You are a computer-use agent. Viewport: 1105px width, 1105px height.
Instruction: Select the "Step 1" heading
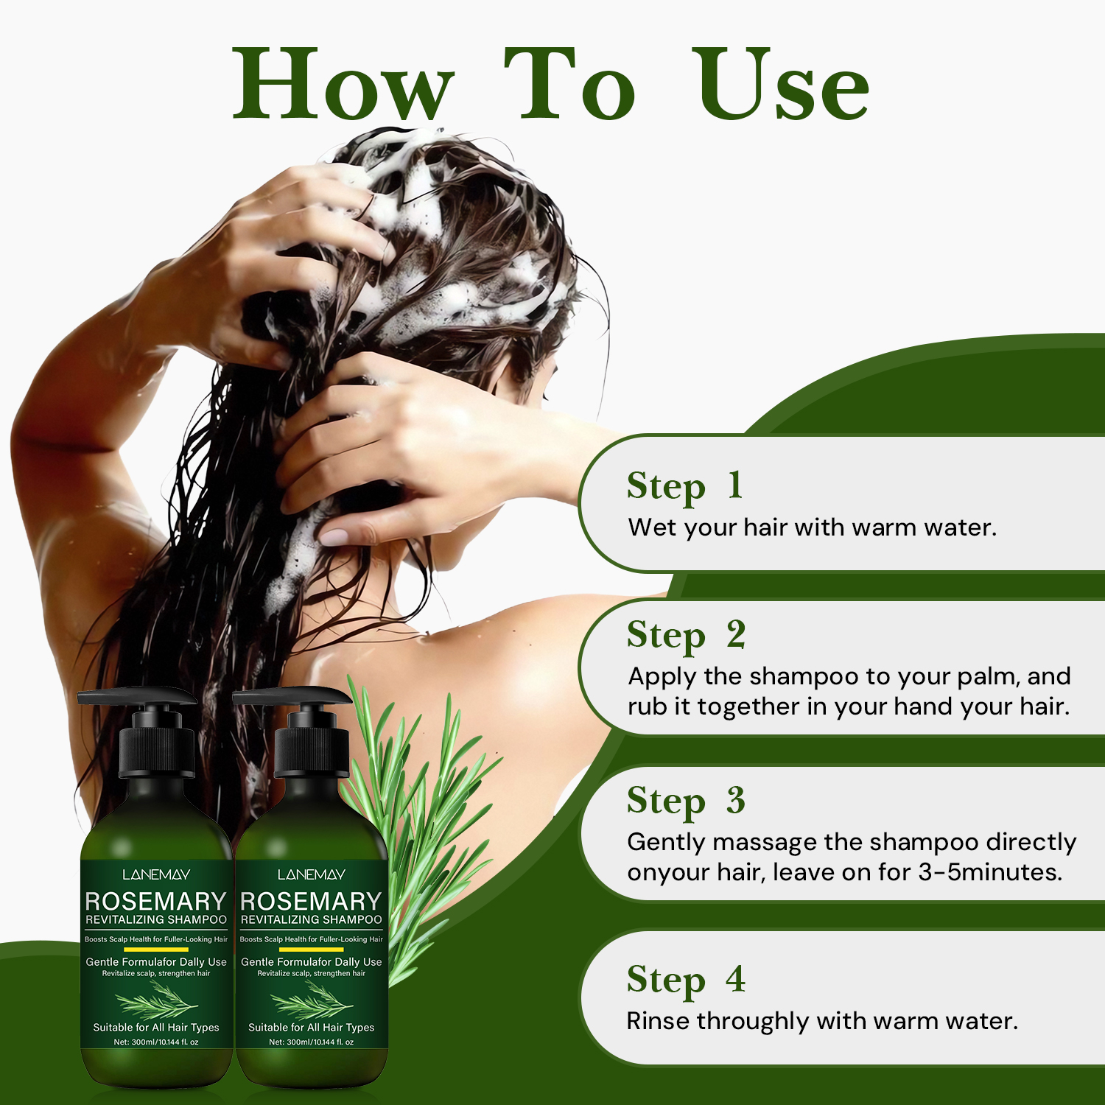click(x=685, y=486)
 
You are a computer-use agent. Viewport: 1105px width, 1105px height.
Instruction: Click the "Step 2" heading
click(x=687, y=636)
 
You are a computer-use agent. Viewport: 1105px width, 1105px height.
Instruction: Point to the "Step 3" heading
click(x=687, y=801)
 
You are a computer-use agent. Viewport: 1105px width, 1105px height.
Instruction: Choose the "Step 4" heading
click(x=687, y=981)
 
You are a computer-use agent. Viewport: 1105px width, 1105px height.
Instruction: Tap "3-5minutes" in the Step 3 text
click(x=990, y=872)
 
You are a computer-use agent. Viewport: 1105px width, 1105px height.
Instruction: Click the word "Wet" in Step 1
click(x=652, y=527)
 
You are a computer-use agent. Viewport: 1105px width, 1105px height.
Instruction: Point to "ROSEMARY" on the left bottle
click(x=155, y=901)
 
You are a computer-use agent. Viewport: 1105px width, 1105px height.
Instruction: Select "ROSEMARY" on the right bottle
click(x=311, y=901)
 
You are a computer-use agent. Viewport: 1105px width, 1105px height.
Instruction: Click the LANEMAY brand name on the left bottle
click(x=156, y=874)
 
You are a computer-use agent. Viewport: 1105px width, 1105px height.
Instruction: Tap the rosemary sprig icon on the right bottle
click(x=311, y=1000)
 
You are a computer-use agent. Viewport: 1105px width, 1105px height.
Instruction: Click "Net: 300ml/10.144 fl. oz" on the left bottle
click(x=156, y=1042)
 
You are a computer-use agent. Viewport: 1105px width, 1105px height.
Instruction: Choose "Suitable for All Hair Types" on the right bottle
click(x=311, y=1027)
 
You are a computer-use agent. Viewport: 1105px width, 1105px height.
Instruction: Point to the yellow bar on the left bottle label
click(x=156, y=950)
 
